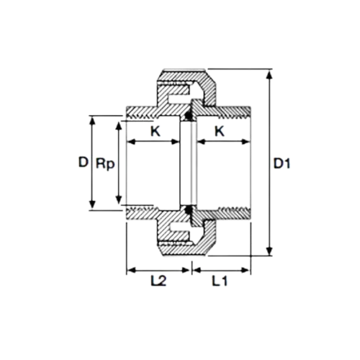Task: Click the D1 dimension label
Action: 282,164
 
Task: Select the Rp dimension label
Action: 105,165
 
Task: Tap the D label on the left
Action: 84,162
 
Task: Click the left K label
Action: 156,131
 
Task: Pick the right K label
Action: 220,131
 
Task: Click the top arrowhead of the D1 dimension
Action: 270,73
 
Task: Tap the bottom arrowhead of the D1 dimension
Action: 270,251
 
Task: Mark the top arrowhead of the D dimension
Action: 92,120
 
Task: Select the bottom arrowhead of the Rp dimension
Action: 118,200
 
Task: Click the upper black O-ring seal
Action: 189,116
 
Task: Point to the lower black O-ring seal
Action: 189,210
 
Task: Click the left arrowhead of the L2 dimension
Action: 131,270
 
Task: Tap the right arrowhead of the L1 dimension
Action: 246,270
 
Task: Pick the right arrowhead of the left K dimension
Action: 175,142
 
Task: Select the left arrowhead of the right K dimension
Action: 201,142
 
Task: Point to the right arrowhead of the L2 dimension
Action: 185,270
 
